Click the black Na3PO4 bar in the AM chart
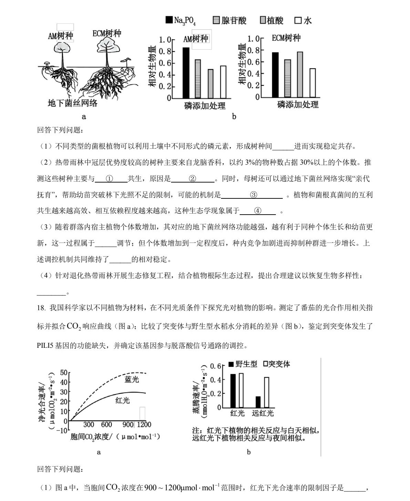click(x=186, y=73)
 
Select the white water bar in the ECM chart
click(x=312, y=83)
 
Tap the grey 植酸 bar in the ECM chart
click(x=300, y=75)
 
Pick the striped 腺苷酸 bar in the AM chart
click(x=198, y=79)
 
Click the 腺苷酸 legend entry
click(x=230, y=21)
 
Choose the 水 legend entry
click(x=303, y=21)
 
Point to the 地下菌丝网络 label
click(x=72, y=103)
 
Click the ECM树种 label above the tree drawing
click(x=107, y=33)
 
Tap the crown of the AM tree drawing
click(x=63, y=47)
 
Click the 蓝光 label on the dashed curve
click(x=132, y=380)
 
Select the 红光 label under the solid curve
click(x=122, y=400)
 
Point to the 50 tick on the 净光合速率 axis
click(x=64, y=373)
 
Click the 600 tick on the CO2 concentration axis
click(x=107, y=424)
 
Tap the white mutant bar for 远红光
click(x=266, y=392)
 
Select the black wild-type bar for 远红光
click(x=258, y=402)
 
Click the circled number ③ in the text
click(x=253, y=195)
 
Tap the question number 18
click(x=41, y=308)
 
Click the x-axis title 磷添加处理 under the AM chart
click(x=205, y=106)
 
